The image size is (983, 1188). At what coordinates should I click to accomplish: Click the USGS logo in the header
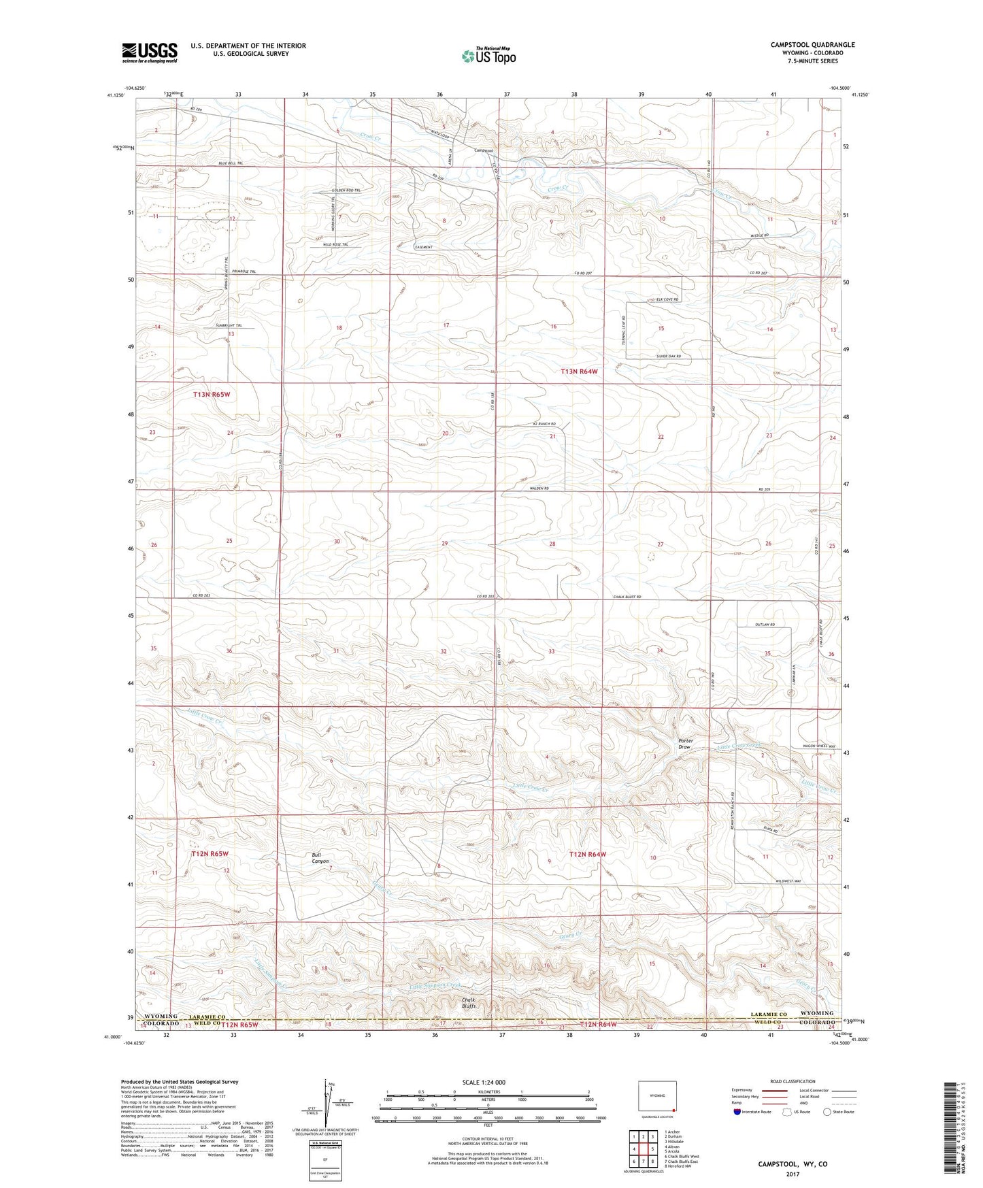pos(150,52)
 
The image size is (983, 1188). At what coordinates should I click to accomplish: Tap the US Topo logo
pos(488,56)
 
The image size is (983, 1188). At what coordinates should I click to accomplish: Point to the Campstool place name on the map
pos(483,150)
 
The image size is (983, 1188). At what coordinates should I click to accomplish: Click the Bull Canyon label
pos(320,858)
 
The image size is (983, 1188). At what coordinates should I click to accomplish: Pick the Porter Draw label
pos(686,744)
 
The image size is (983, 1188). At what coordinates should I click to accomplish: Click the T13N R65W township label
pos(216,394)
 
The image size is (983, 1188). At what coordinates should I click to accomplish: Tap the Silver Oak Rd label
pos(669,357)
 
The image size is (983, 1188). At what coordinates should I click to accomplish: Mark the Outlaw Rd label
pos(765,625)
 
